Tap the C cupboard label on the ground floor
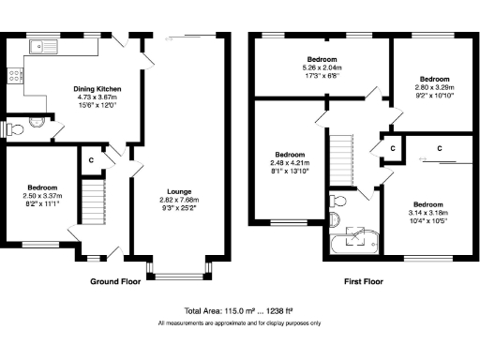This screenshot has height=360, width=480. [91, 160]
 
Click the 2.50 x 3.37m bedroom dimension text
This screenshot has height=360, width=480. [42, 198]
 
